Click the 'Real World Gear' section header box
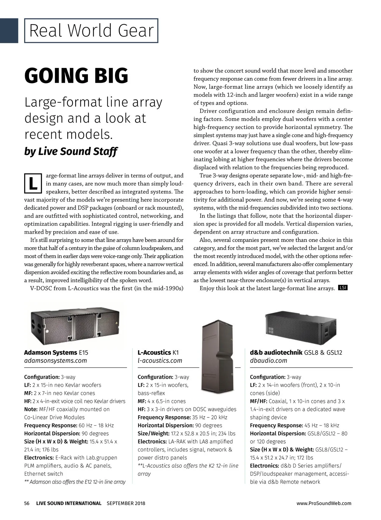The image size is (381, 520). tap(91, 31)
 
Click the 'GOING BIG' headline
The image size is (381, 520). tap(76, 76)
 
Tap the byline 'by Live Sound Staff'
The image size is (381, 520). tap(70, 151)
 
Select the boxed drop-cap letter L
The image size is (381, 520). tap(33, 183)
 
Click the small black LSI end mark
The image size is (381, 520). tap(343, 288)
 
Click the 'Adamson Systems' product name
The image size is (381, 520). tap(50, 352)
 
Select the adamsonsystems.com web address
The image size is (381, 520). tap(56, 361)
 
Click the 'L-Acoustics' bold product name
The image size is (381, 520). tap(154, 352)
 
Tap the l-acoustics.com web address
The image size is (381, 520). tap(160, 361)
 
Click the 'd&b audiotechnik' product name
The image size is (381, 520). tap(276, 352)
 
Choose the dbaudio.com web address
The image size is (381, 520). tap(268, 361)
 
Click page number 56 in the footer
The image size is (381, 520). tap(27, 503)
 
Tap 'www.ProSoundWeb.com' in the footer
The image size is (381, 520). tap(324, 503)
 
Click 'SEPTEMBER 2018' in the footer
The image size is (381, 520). tap(126, 503)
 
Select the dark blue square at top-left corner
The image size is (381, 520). tap(9, 30)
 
